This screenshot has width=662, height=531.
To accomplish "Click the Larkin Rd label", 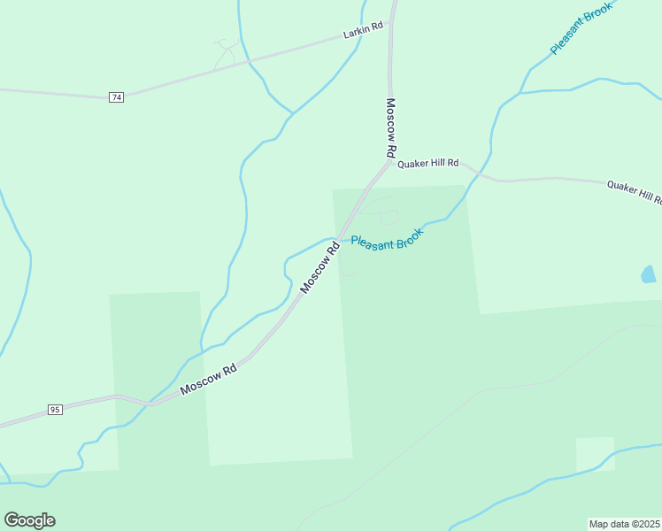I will pos(363,27).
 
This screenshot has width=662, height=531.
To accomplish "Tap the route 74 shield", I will pos(116,96).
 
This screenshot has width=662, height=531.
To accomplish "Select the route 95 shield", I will pos(54,410).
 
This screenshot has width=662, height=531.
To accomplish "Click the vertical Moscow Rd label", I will pos(390,127).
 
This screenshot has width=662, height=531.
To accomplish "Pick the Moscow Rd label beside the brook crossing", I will pos(319,268).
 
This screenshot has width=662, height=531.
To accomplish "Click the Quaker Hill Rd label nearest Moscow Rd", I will pos(428,164).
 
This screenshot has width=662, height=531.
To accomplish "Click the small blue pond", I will pos(649,274).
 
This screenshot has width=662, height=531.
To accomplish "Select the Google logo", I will pos(30,520).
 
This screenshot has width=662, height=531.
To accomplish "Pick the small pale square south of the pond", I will pos(595,454).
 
